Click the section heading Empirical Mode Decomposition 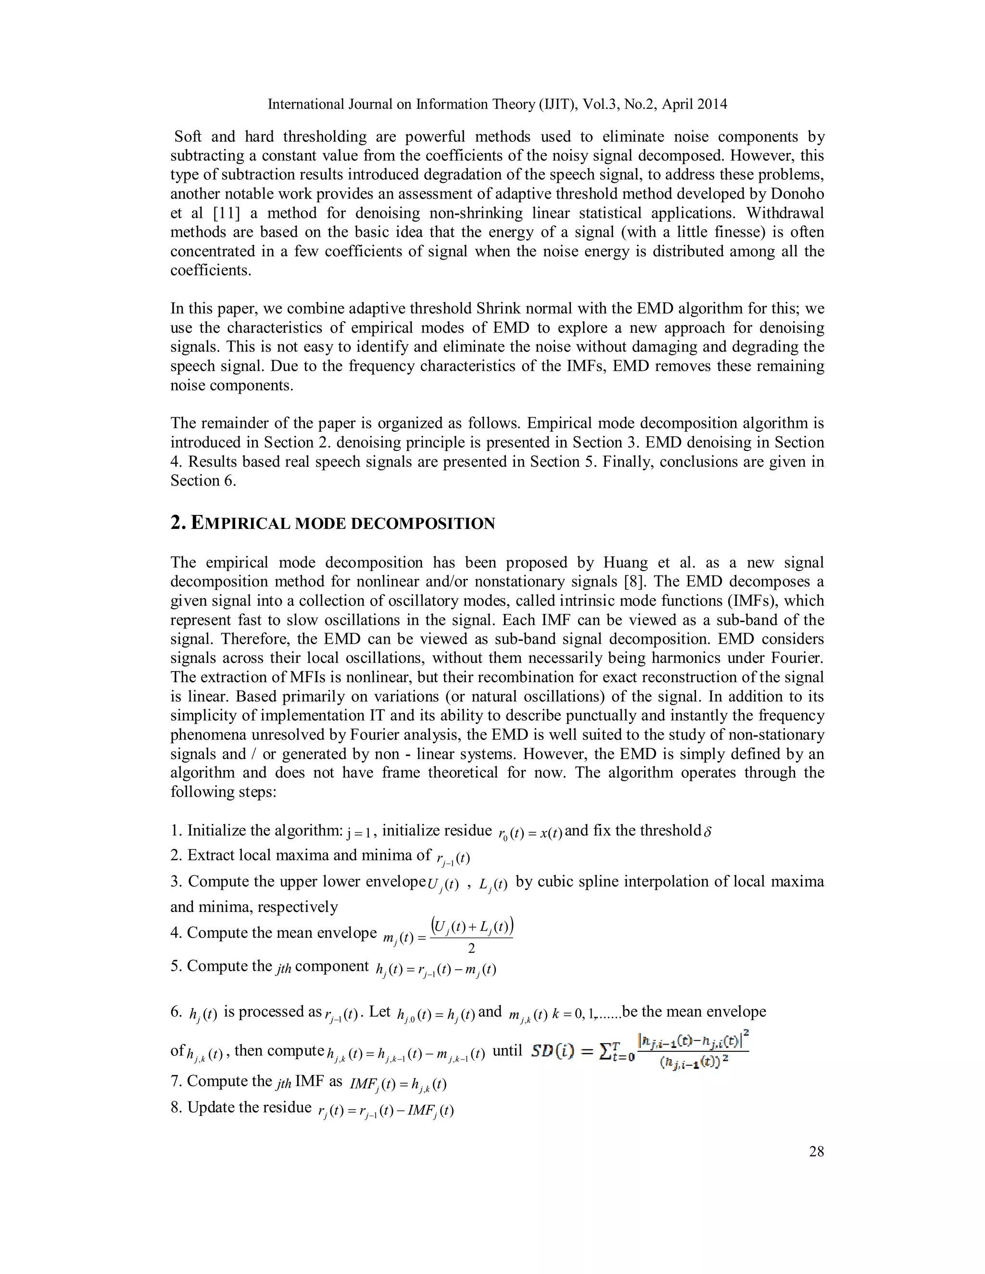(x=333, y=523)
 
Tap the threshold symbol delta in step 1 (x=708, y=831)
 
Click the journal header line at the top (x=497, y=104)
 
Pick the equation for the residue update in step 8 (x=386, y=1111)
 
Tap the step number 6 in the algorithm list (x=176, y=1012)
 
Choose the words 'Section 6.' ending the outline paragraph (x=203, y=481)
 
